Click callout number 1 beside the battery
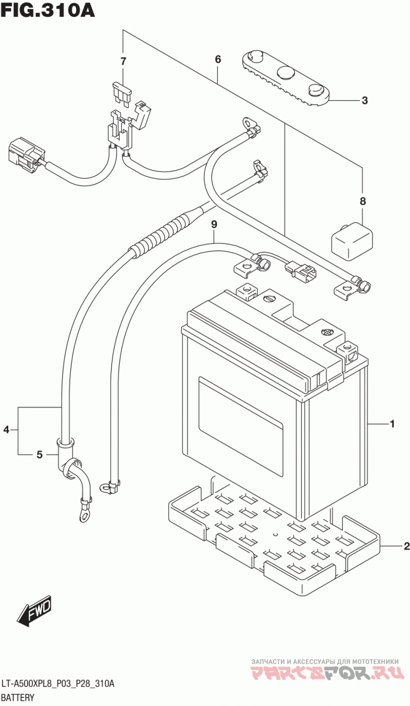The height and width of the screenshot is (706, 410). [393, 424]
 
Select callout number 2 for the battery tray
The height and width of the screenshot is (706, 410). [406, 546]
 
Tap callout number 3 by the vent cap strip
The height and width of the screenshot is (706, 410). [364, 100]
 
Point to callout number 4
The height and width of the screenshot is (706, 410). [7, 429]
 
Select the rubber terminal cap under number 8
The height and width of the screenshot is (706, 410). [352, 241]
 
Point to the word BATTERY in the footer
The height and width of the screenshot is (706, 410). [18, 697]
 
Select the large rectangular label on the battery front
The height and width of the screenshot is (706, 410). [240, 427]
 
